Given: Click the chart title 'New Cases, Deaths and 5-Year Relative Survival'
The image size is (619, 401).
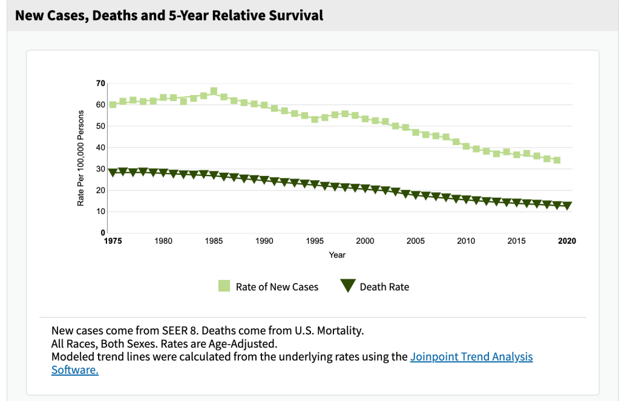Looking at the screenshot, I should [169, 15].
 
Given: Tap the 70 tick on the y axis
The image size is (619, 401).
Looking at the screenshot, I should [100, 83].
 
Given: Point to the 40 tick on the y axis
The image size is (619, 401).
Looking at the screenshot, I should [100, 148].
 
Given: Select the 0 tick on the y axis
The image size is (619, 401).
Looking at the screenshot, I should [103, 233].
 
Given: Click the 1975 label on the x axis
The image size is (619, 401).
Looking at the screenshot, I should [113, 241].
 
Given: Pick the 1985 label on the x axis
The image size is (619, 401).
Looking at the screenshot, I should [214, 241].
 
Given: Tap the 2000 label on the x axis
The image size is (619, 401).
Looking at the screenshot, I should [365, 241].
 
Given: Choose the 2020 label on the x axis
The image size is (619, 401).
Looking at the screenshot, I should [567, 241].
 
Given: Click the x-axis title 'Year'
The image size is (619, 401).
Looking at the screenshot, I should [337, 255].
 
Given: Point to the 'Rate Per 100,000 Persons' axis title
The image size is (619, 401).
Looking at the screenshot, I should [80, 158].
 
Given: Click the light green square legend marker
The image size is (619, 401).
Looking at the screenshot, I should [224, 287].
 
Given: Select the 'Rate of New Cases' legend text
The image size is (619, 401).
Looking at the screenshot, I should [277, 287].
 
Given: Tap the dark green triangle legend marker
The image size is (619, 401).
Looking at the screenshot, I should [347, 287].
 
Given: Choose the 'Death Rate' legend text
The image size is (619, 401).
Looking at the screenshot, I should [384, 287].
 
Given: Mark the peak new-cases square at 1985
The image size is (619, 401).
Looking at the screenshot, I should [214, 91].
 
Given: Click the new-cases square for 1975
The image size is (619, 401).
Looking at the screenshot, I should [113, 105].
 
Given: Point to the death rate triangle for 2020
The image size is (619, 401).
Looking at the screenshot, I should [567, 206].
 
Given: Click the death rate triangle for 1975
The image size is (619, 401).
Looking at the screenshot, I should [113, 172].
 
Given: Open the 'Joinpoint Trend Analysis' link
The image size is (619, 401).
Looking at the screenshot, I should [471, 356].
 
